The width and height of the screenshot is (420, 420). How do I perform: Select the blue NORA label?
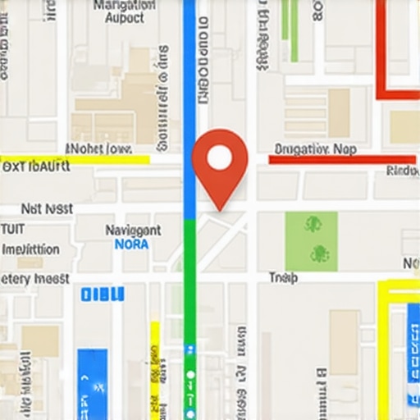pyautogui.click(x=131, y=244)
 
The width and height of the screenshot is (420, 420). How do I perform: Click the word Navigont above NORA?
pyautogui.click(x=133, y=231)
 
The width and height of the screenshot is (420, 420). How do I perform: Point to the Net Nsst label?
pyautogui.click(x=47, y=209)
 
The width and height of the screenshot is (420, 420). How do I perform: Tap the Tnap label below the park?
pyautogui.click(x=282, y=279)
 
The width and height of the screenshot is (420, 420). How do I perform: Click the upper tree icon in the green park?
pyautogui.click(x=312, y=223)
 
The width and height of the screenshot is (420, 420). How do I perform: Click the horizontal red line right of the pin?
pyautogui.click(x=342, y=159)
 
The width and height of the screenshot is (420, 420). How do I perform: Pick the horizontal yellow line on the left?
pyautogui.click(x=74, y=159)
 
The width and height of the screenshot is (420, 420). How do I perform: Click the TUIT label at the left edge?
pyautogui.click(x=11, y=229)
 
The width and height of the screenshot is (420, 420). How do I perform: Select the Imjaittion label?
pyautogui.click(x=31, y=249)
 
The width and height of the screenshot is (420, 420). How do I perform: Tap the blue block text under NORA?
pyautogui.click(x=103, y=294)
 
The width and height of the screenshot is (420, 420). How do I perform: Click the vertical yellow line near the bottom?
pyautogui.click(x=154, y=369)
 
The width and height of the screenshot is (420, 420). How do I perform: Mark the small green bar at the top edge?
pyautogui.click(x=289, y=20)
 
